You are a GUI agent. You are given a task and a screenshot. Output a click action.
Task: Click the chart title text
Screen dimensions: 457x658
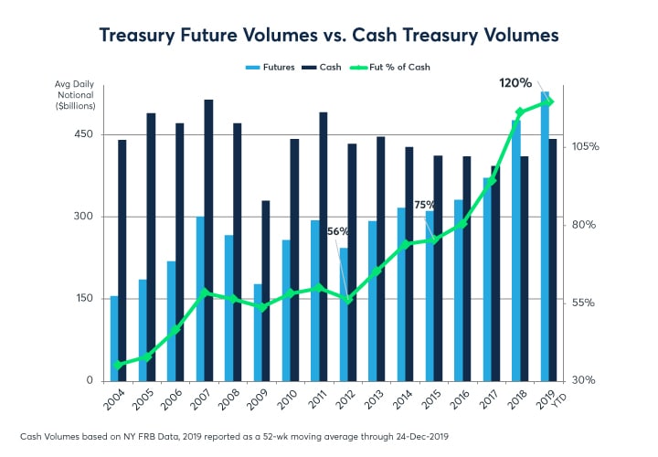[x=328, y=34]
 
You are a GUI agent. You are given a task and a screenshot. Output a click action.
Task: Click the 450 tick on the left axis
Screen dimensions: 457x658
[x=83, y=134]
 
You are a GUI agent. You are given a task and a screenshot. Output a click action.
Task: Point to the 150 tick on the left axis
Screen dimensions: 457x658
[x=83, y=299]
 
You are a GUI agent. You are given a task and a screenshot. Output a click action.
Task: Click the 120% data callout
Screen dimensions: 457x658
[x=515, y=83]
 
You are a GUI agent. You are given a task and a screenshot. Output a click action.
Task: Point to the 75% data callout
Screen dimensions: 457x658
[x=424, y=206]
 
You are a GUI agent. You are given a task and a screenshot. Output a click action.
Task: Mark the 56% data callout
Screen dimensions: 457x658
[x=338, y=231]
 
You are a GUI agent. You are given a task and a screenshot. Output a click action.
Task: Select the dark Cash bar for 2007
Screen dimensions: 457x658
[x=208, y=239]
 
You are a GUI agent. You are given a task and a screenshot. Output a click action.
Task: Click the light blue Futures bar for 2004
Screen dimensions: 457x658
[x=114, y=338]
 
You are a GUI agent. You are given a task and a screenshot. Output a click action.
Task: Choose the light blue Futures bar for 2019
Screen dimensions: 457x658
[x=545, y=236]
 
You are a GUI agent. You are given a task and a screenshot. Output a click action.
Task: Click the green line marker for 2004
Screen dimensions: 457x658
[x=118, y=365]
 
